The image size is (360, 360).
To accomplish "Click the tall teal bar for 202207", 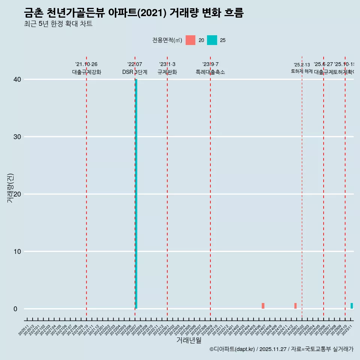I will click(136, 194).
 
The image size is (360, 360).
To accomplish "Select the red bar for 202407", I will click(263, 306).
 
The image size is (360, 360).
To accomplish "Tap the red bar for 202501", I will click(295, 306).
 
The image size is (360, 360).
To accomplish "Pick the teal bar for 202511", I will click(352, 306).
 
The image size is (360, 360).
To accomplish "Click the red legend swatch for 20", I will click(190, 40).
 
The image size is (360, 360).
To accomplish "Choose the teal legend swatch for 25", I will click(212, 40).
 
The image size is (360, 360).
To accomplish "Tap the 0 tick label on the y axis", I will click(15, 309).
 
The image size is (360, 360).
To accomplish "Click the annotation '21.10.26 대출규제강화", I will click(87, 68).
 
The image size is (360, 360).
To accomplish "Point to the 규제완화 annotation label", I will click(167, 72).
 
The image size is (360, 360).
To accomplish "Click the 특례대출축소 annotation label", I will click(210, 72).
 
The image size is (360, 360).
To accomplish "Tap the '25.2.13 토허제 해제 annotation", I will click(302, 68).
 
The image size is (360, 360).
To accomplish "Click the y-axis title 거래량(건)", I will click(10, 188).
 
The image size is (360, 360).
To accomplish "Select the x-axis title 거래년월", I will click(189, 340).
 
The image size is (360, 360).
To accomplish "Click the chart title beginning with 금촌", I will click(133, 13).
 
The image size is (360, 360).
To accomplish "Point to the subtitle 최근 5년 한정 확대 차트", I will click(58, 24).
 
